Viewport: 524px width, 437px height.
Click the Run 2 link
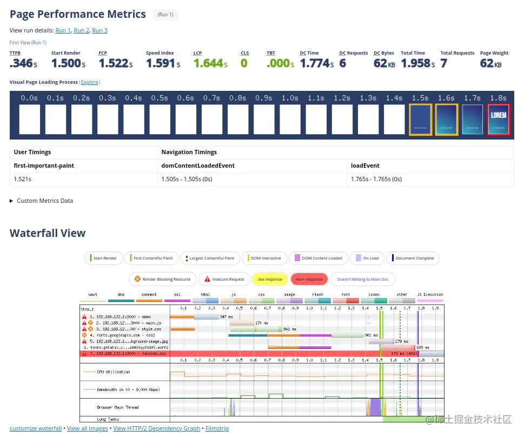coord(81,30)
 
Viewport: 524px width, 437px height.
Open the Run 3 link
coord(100,30)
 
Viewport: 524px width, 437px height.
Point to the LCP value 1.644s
coord(210,63)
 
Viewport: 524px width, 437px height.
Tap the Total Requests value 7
coord(443,63)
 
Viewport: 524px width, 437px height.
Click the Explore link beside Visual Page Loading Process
coord(90,82)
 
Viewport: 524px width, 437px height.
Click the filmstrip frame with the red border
coord(498,119)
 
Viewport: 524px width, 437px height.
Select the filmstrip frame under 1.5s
coord(420,119)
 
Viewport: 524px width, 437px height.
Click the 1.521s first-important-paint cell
coord(23,179)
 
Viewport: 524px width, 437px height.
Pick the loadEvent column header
coord(365,165)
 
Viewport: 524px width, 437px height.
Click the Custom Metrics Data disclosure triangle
coord(12,201)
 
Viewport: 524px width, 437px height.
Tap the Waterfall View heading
coord(48,233)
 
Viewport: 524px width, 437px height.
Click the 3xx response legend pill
coord(269,279)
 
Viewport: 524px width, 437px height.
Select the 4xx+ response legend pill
coord(309,279)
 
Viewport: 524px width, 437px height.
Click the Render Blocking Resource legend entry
coord(162,279)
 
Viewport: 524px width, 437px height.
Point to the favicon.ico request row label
coord(124,353)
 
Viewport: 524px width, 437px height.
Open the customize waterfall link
coord(36,428)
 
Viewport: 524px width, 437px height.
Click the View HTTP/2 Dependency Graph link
coord(156,428)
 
